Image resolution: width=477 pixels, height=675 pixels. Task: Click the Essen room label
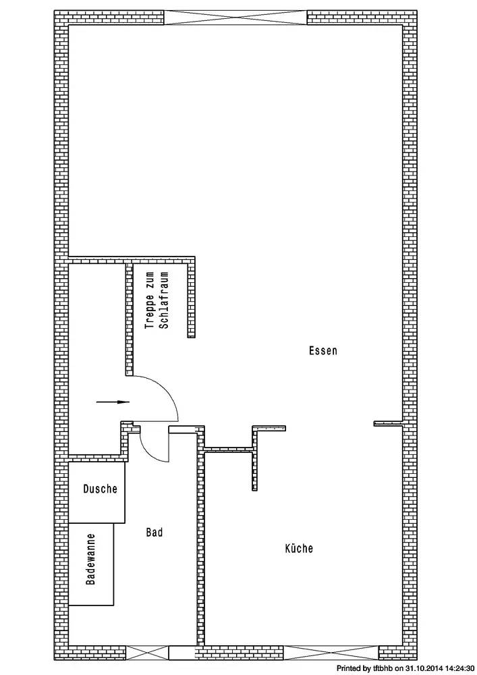click(323, 350)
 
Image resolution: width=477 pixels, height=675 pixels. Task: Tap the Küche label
click(299, 548)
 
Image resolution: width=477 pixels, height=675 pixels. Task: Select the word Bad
click(155, 533)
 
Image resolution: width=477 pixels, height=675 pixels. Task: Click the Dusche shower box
click(96, 493)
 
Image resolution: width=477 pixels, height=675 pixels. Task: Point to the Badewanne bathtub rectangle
click(91, 564)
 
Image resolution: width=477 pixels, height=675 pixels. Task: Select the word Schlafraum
click(164, 300)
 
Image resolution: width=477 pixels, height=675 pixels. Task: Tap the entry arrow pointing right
click(113, 402)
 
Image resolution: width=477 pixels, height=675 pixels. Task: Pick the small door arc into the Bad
click(148, 454)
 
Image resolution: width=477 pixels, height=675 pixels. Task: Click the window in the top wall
click(235, 18)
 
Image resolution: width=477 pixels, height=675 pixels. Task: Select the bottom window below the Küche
click(331, 653)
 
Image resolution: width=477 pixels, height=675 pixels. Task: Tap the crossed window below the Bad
click(146, 653)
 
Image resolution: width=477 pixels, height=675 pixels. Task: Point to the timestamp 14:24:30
click(456, 668)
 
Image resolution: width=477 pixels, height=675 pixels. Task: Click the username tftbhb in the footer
click(383, 668)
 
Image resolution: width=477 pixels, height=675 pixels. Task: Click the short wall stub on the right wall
click(388, 424)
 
